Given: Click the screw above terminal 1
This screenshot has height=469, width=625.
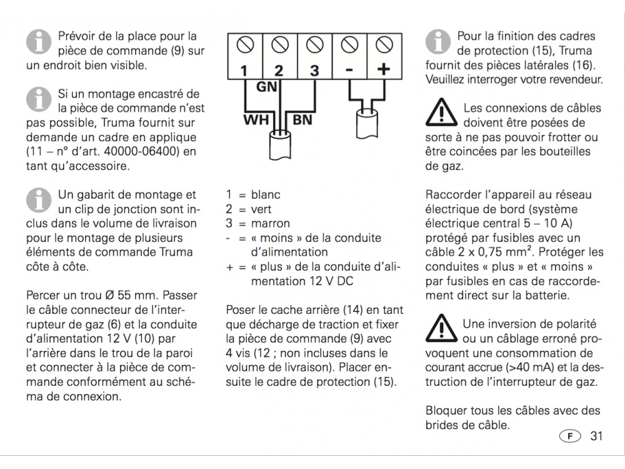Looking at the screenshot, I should pos(244,45).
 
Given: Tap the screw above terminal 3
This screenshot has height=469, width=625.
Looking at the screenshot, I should pos(314,45).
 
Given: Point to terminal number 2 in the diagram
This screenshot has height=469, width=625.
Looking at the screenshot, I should pos(279,71).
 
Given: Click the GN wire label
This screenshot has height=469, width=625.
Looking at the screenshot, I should pos(267,88).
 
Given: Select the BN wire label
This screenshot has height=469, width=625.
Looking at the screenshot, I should pos(302,119).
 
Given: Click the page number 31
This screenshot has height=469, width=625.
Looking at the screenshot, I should pos(597,436).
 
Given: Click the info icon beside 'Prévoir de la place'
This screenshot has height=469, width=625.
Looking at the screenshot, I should pos(39,42).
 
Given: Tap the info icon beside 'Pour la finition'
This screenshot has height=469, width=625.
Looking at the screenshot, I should pos(439,42).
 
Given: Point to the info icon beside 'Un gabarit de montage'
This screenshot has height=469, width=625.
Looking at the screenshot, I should pos(39,201).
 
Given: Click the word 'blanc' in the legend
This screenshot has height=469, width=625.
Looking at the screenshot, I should pos(266,195).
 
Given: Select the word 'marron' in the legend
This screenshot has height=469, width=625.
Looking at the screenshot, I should pos(271,223).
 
